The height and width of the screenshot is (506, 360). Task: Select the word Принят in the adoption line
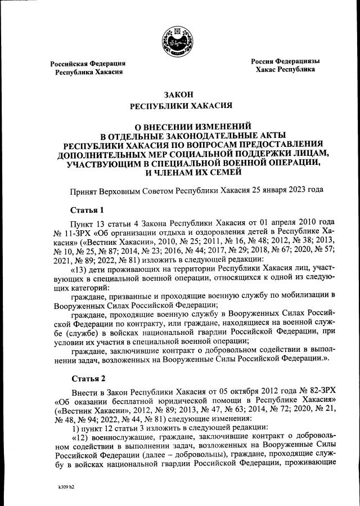83,190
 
